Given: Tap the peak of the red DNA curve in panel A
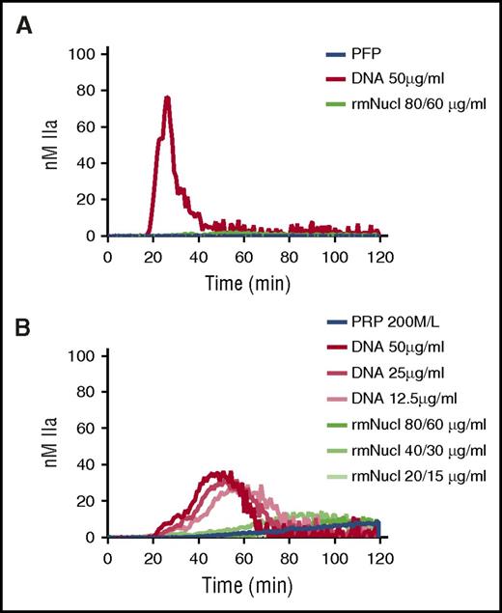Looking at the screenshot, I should (167, 98).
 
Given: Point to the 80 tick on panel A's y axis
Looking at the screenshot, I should (87, 91).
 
